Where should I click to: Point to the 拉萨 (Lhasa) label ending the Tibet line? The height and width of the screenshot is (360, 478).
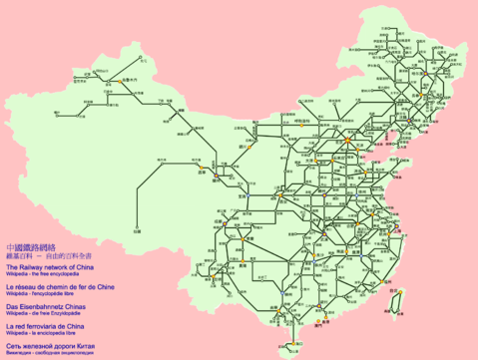[137, 231]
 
